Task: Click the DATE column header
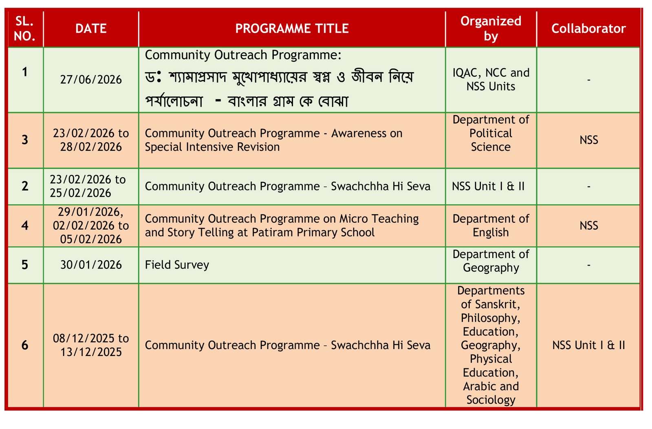pos(91,29)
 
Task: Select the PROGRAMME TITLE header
pos(292,29)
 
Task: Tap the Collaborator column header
pos(588,29)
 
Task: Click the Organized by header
pos(491,29)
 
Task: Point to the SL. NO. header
pos(25,29)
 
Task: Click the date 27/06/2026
pos(91,80)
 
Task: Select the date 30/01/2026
pos(91,265)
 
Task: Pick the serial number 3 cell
pos(25,140)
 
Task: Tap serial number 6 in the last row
pos(25,345)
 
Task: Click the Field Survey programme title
pos(177,265)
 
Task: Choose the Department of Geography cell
pos(491,261)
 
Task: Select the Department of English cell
pos(491,226)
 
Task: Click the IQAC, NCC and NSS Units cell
pos(491,80)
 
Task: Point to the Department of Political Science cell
pos(491,133)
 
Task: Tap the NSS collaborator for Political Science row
pos(588,140)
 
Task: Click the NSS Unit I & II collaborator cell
pos(588,345)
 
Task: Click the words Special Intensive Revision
pos(212,147)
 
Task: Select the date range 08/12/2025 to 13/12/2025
pos(91,345)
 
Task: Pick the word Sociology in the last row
pos(491,400)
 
